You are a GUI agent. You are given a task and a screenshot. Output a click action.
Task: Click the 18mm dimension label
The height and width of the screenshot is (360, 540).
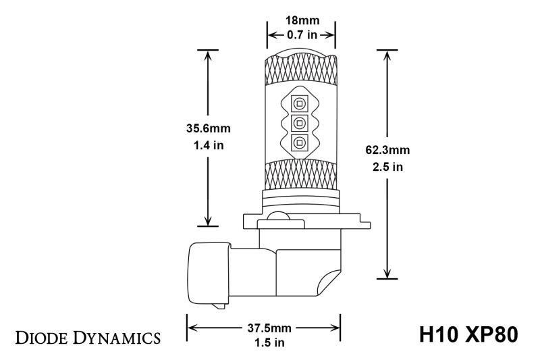pos(301,21)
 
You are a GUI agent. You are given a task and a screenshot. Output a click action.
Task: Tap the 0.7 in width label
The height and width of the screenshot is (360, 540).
pos(301,34)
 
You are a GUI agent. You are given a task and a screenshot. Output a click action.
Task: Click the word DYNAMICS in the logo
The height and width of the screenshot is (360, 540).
pos(115,336)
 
